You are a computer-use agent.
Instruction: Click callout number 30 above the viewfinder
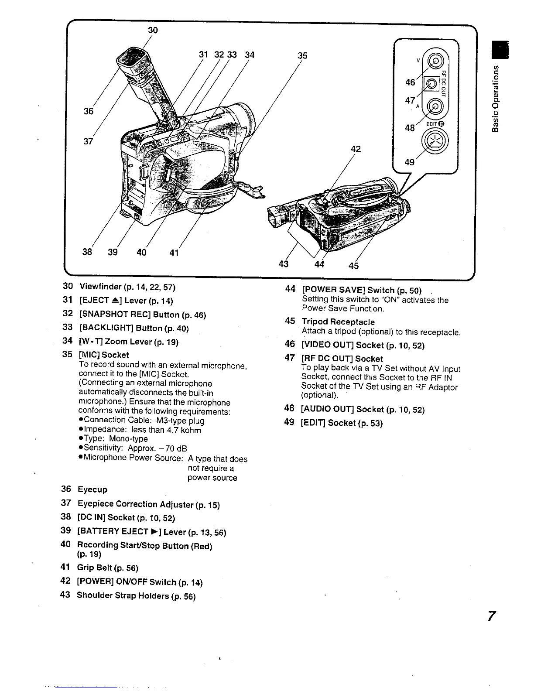(153, 30)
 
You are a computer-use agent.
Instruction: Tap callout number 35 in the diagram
(302, 55)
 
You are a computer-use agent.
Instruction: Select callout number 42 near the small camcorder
(356, 149)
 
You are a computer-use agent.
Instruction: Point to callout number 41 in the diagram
(174, 253)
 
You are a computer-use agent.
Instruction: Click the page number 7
(492, 617)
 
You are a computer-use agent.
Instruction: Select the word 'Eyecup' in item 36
(92, 489)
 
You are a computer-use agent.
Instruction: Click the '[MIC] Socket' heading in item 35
(103, 355)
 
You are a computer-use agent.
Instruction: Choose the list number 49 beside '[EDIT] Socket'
(289, 423)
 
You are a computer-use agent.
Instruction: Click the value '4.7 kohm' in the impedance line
(185, 430)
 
